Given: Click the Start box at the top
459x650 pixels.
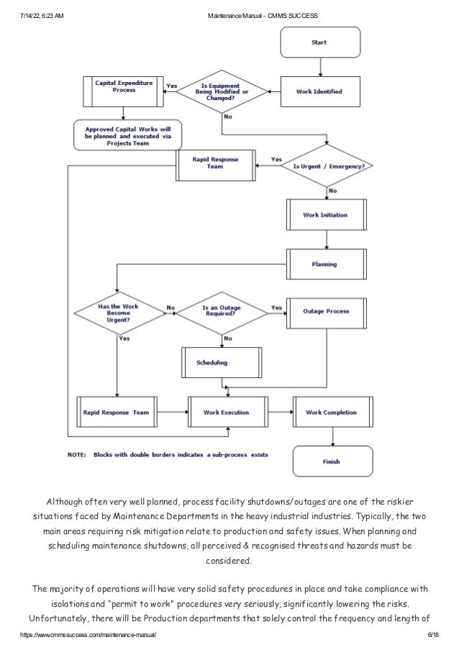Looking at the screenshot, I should pos(318,42).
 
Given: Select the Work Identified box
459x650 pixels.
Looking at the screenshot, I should pos(319,92).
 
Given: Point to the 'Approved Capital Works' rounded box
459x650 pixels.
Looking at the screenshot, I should pos(127,134).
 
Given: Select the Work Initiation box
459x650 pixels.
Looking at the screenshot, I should pos(325,215).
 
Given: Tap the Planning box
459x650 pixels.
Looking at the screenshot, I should pos(326,264).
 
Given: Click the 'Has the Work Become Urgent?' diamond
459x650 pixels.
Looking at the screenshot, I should pos(119,311).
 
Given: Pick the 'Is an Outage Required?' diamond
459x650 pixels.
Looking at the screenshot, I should pos(222,311).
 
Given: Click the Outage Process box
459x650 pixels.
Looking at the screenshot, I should pos(326,312).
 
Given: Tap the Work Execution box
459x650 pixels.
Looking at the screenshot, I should pos(227,412).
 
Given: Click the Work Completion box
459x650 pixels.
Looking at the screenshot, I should pos(332,412).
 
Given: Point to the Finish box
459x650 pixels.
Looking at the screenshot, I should pos(332,461).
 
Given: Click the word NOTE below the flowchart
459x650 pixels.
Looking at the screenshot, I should pos(77,454).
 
